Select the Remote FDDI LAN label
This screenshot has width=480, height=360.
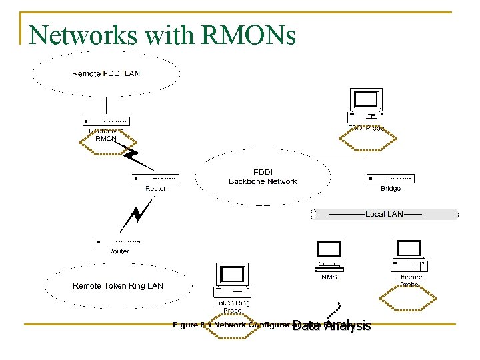(106, 73)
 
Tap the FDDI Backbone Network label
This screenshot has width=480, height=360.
(263, 177)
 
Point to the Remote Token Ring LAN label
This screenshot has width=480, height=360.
(117, 286)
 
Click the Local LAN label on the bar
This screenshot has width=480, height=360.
(384, 214)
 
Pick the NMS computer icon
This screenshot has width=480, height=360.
(329, 255)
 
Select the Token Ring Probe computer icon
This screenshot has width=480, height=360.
(233, 279)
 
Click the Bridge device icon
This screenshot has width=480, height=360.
(391, 179)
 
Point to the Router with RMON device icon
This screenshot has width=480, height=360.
(106, 121)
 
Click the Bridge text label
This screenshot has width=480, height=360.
(391, 189)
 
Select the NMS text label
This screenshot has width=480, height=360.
(329, 277)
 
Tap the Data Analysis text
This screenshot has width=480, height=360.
(331, 325)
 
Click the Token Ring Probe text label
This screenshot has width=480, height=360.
(233, 307)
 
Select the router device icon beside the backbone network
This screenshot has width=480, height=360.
(155, 179)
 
